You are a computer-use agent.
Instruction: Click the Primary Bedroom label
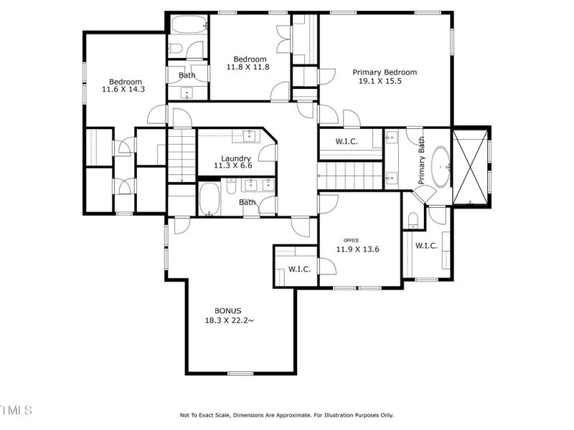click(384, 72)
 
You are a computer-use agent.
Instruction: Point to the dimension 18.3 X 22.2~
click(229, 320)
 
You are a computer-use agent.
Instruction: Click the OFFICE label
click(351, 241)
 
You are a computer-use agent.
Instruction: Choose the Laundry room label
click(235, 158)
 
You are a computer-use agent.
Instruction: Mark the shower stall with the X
click(471, 166)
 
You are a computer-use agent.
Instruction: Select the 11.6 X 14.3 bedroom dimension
click(123, 90)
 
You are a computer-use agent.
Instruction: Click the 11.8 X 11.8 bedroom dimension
click(248, 67)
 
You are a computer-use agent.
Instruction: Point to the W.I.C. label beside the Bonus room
click(298, 269)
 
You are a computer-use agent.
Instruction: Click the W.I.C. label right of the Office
click(426, 246)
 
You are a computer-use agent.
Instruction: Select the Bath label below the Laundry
click(248, 202)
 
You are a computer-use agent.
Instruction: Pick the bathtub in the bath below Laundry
click(209, 199)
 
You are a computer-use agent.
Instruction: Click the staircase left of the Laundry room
click(182, 155)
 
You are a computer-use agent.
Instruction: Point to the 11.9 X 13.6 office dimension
click(357, 250)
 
